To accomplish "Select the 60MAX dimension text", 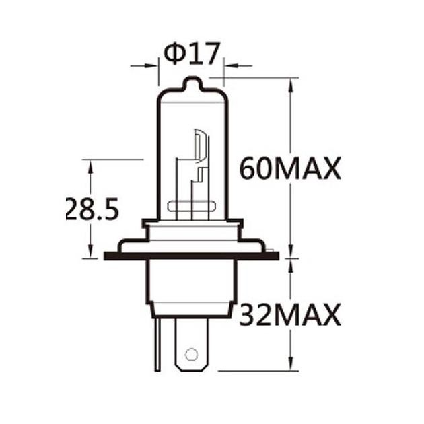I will tap(290, 168).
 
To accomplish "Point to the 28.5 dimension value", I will tap(92, 209).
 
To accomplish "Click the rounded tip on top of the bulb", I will tap(192, 84).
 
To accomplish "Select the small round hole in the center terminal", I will tap(191, 354).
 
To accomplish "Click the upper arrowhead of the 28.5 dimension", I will tap(90, 166).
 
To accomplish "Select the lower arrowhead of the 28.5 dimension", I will tap(90, 252).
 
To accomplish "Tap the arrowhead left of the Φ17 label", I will tap(153, 65).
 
